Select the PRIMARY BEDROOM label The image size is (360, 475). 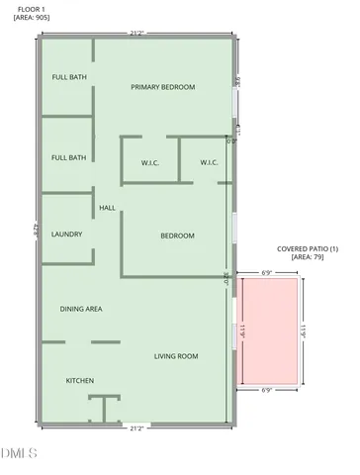pos(163,87)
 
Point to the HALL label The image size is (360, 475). pos(108,208)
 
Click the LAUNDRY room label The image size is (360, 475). pos(66,235)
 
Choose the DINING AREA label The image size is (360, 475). pos(81,309)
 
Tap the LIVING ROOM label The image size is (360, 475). pos(176,356)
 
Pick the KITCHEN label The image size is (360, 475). pos(79,381)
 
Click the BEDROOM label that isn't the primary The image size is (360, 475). pos(177,236)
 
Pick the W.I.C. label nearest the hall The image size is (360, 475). pos(150,162)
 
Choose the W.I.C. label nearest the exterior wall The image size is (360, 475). pos(209,162)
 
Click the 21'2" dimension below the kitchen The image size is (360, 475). pos(136,428)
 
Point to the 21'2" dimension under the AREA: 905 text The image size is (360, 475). pos(136,34)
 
